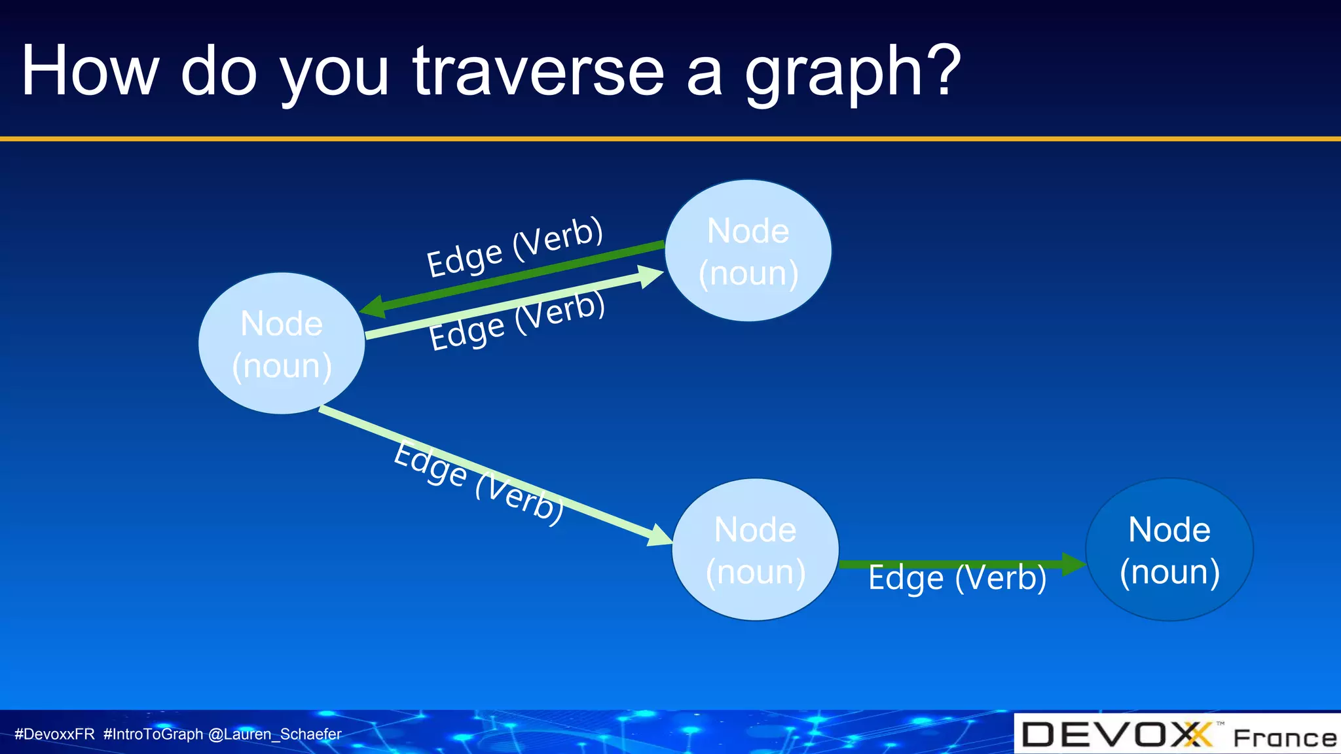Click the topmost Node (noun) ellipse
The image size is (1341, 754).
[748, 251]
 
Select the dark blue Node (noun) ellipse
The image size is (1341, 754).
[1169, 550]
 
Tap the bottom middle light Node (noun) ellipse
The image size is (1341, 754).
[755, 550]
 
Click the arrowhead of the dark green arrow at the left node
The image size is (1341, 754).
[372, 307]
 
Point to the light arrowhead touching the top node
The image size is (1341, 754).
[651, 276]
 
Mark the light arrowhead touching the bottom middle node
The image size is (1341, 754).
[659, 535]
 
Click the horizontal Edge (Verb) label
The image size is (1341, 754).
[957, 579]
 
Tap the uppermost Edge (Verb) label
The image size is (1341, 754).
[515, 247]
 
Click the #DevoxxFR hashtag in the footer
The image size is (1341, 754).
[54, 734]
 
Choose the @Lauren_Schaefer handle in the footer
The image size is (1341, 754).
[274, 734]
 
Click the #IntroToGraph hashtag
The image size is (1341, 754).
[153, 734]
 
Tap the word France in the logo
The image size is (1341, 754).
[1284, 738]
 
